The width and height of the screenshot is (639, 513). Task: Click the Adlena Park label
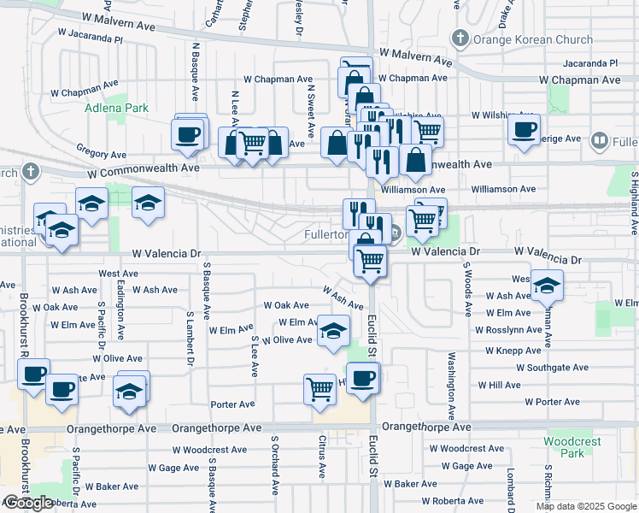(116, 108)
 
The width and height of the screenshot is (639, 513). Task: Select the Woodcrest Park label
(572, 447)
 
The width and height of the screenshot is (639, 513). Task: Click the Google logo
(28, 503)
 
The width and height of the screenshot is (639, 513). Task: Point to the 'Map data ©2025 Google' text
(586, 506)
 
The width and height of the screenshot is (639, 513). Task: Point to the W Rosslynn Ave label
(509, 330)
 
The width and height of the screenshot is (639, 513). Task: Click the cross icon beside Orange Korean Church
(460, 38)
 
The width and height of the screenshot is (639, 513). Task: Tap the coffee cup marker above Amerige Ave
(524, 130)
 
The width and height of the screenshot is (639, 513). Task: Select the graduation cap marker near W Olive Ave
(333, 331)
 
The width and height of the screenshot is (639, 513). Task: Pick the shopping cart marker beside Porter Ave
(319, 388)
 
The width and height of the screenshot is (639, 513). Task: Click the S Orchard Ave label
(275, 466)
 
